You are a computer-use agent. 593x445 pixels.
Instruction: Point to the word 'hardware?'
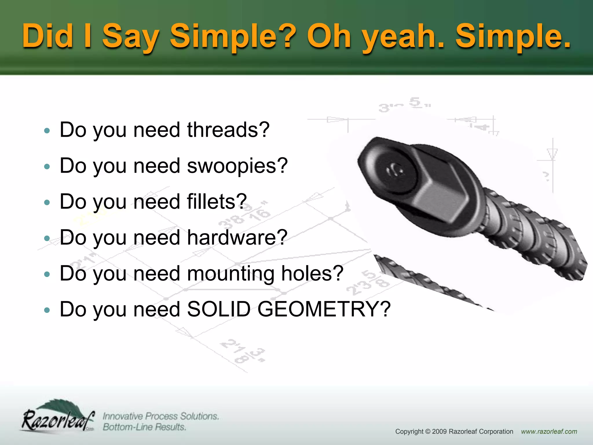pyautogui.click(x=237, y=238)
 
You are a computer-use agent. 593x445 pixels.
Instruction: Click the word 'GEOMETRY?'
pyautogui.click(x=324, y=309)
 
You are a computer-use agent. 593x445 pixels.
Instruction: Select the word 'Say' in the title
pyautogui.click(x=131, y=37)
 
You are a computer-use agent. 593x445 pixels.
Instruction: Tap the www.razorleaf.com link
pyautogui.click(x=549, y=432)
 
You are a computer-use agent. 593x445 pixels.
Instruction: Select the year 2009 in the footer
pyautogui.click(x=440, y=432)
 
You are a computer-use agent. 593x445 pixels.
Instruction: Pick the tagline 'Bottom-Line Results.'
pyautogui.click(x=144, y=427)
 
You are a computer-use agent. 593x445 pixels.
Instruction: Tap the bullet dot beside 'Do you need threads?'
pyautogui.click(x=47, y=131)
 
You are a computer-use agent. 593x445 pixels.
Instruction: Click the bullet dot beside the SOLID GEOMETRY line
pyautogui.click(x=47, y=310)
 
